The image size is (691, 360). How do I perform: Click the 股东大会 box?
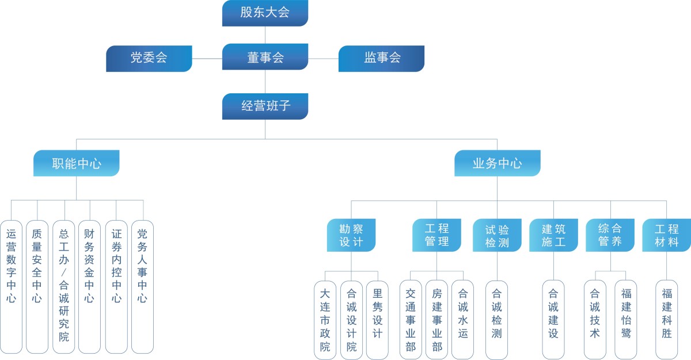(265, 13)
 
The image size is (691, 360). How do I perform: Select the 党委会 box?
(149, 58)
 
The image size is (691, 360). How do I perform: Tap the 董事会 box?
(265, 58)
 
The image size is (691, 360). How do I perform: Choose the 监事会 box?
(381, 58)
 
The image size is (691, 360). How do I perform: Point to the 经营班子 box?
(265, 107)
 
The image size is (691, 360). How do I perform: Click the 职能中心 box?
(77, 164)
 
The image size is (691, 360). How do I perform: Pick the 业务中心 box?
(498, 164)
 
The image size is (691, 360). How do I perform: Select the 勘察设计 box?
(351, 235)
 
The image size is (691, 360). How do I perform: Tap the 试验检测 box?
(497, 235)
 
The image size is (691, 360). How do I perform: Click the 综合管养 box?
(610, 235)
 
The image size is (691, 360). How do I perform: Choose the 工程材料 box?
(666, 235)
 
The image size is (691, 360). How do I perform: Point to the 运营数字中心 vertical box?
(11, 286)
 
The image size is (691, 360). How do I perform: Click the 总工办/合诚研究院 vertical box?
(64, 286)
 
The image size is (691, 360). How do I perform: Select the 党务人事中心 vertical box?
(142, 286)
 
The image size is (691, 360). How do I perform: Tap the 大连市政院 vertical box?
(325, 320)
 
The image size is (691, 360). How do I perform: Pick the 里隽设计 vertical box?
(378, 320)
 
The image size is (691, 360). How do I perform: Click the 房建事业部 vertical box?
(436, 320)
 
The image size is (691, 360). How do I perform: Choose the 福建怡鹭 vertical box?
(626, 320)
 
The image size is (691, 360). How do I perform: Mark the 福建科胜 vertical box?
(667, 320)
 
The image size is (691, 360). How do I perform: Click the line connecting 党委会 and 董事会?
(207, 58)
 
